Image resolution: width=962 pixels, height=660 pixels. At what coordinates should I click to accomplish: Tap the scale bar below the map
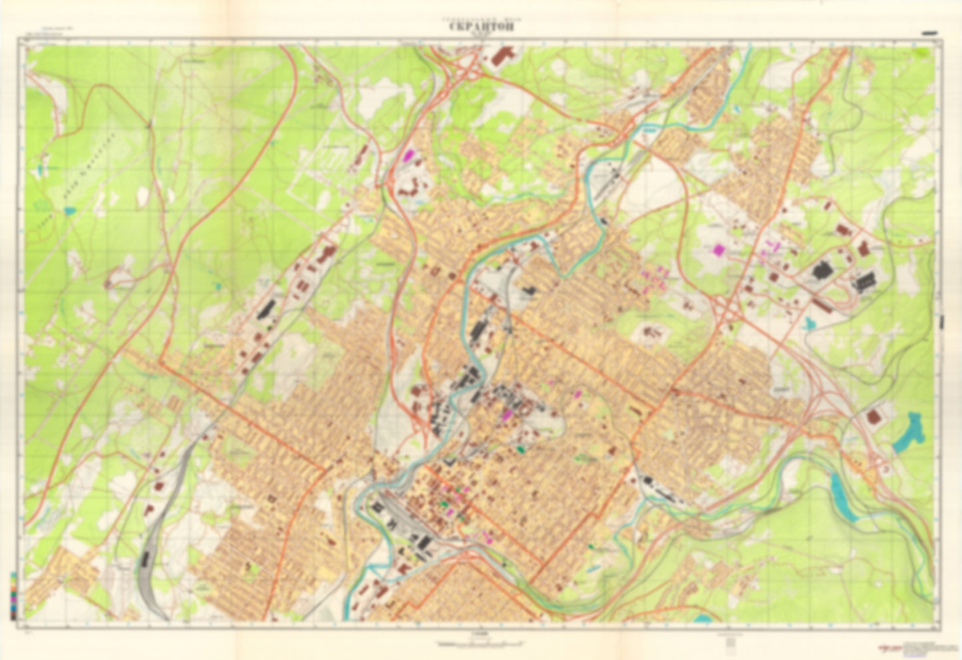coord(479,644)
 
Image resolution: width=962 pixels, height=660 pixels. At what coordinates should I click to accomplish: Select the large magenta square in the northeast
coord(718,249)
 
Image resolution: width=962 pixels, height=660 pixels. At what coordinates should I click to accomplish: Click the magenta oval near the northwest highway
coord(409,155)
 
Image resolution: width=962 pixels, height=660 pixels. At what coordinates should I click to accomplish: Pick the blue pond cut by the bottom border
coord(702,619)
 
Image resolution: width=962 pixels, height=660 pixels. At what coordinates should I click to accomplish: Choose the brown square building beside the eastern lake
coord(873,417)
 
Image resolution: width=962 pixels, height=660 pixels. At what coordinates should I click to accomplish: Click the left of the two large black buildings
coord(824,271)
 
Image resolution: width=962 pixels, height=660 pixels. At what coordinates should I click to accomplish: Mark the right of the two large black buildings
coord(865,282)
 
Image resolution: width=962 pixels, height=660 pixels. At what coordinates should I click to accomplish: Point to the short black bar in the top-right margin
coord(929,33)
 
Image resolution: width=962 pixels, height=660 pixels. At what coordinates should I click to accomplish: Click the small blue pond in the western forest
coord(69,211)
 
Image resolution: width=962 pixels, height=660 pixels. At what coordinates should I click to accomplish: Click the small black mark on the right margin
coord(942,321)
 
